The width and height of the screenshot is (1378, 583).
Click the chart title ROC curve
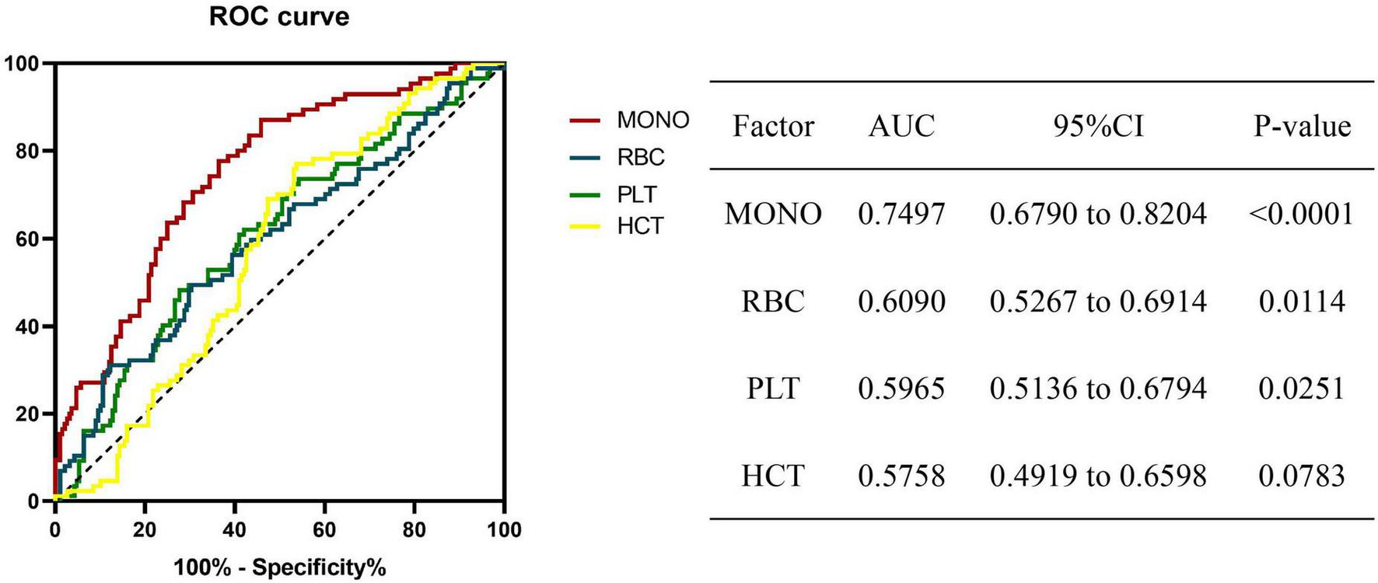[x=279, y=17]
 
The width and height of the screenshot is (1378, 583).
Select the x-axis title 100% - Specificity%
[x=280, y=567]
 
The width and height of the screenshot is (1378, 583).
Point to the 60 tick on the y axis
[x=27, y=239]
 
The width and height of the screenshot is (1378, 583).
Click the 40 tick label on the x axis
[x=234, y=530]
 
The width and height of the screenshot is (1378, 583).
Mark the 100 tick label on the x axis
[x=503, y=530]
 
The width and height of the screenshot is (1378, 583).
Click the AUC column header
[x=901, y=126]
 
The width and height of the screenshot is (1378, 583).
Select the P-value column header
[x=1302, y=126]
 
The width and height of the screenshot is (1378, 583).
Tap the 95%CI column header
[x=1098, y=126]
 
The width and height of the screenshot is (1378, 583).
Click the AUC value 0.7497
[x=901, y=214]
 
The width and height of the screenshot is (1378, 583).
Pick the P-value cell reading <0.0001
[x=1302, y=214]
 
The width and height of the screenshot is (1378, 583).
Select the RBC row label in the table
[x=772, y=302]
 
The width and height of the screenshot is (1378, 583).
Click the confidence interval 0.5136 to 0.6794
[x=1098, y=389]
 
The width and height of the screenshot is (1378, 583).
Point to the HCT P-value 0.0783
[x=1302, y=476]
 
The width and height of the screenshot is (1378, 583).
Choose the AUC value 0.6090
[x=901, y=302]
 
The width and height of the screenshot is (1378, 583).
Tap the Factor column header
[x=772, y=126]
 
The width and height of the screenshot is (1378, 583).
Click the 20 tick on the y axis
[x=27, y=414]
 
